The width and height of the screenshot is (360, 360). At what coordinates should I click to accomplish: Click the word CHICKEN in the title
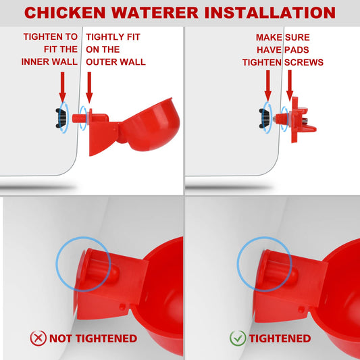[x=65, y=13]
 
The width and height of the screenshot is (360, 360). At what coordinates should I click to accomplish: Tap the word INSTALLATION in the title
[x=270, y=13]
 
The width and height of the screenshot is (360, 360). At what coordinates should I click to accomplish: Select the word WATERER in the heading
[x=155, y=13]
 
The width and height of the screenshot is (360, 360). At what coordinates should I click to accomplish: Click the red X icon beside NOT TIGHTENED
[x=38, y=338]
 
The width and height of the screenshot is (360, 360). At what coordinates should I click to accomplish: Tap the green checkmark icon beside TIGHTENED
[x=238, y=338]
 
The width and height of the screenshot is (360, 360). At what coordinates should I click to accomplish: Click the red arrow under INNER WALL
[x=62, y=87]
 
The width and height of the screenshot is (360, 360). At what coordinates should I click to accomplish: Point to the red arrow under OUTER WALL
[x=89, y=87]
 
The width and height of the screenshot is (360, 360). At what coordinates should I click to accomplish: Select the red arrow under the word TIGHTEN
[x=268, y=86]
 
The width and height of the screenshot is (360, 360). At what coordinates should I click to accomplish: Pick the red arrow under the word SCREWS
[x=290, y=85]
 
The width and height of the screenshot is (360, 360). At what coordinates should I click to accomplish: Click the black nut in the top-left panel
[x=61, y=118]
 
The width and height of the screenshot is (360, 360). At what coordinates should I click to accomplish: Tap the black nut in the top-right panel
[x=264, y=118]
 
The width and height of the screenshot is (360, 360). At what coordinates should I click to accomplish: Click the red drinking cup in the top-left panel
[x=150, y=125]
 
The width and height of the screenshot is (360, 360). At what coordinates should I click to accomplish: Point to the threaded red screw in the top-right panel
[x=281, y=119]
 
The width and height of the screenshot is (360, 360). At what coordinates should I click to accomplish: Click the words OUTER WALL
[x=115, y=61]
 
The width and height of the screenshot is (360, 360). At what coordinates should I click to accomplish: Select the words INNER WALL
[x=49, y=61]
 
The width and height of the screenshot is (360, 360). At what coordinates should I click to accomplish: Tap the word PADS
[x=297, y=50]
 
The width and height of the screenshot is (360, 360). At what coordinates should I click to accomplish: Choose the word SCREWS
[x=304, y=62]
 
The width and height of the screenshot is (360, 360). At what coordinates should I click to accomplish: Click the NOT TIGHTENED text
[x=93, y=338]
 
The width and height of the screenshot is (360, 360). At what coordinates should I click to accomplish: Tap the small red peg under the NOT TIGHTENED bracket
[x=122, y=307]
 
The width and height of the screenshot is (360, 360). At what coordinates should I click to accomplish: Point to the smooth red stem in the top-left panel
[x=80, y=118]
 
